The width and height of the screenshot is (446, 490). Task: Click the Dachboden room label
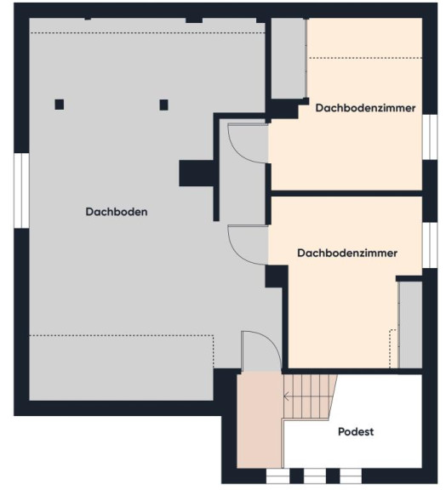coord(117,212)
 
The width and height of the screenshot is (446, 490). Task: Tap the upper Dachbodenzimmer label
coord(365,108)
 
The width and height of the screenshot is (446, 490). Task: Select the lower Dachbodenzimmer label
coord(347,254)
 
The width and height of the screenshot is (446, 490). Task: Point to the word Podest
coord(356,432)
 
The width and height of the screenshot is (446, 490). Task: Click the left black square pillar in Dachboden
coord(60,105)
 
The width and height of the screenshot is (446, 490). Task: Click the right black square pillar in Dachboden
coord(164,105)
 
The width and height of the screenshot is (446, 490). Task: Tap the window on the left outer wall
coord(21,191)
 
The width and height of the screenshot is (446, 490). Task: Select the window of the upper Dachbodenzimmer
coord(430,137)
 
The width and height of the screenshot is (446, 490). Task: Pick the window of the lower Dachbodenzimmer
coord(430,245)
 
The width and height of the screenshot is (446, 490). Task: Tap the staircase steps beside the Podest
coord(310,396)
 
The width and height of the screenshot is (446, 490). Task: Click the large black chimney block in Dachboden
coord(197,174)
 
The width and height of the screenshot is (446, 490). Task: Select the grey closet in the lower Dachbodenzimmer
coord(410,325)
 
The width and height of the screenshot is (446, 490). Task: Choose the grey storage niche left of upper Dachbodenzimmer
coord(289,59)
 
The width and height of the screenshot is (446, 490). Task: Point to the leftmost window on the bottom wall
coord(277,476)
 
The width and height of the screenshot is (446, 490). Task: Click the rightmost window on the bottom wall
coord(351,476)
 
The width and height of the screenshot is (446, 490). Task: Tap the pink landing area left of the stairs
coord(260,420)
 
